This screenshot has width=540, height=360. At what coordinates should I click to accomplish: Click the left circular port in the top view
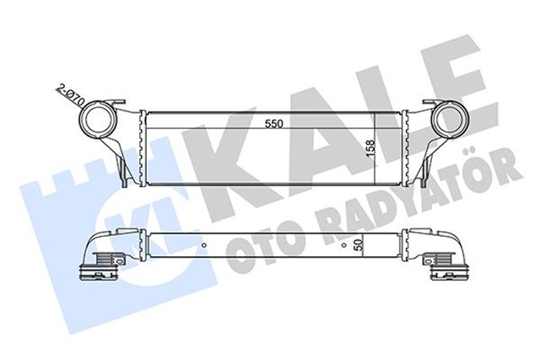98,121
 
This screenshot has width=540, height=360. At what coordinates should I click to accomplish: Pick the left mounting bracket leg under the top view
124,169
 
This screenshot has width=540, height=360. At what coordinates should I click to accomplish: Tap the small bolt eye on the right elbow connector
440,258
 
